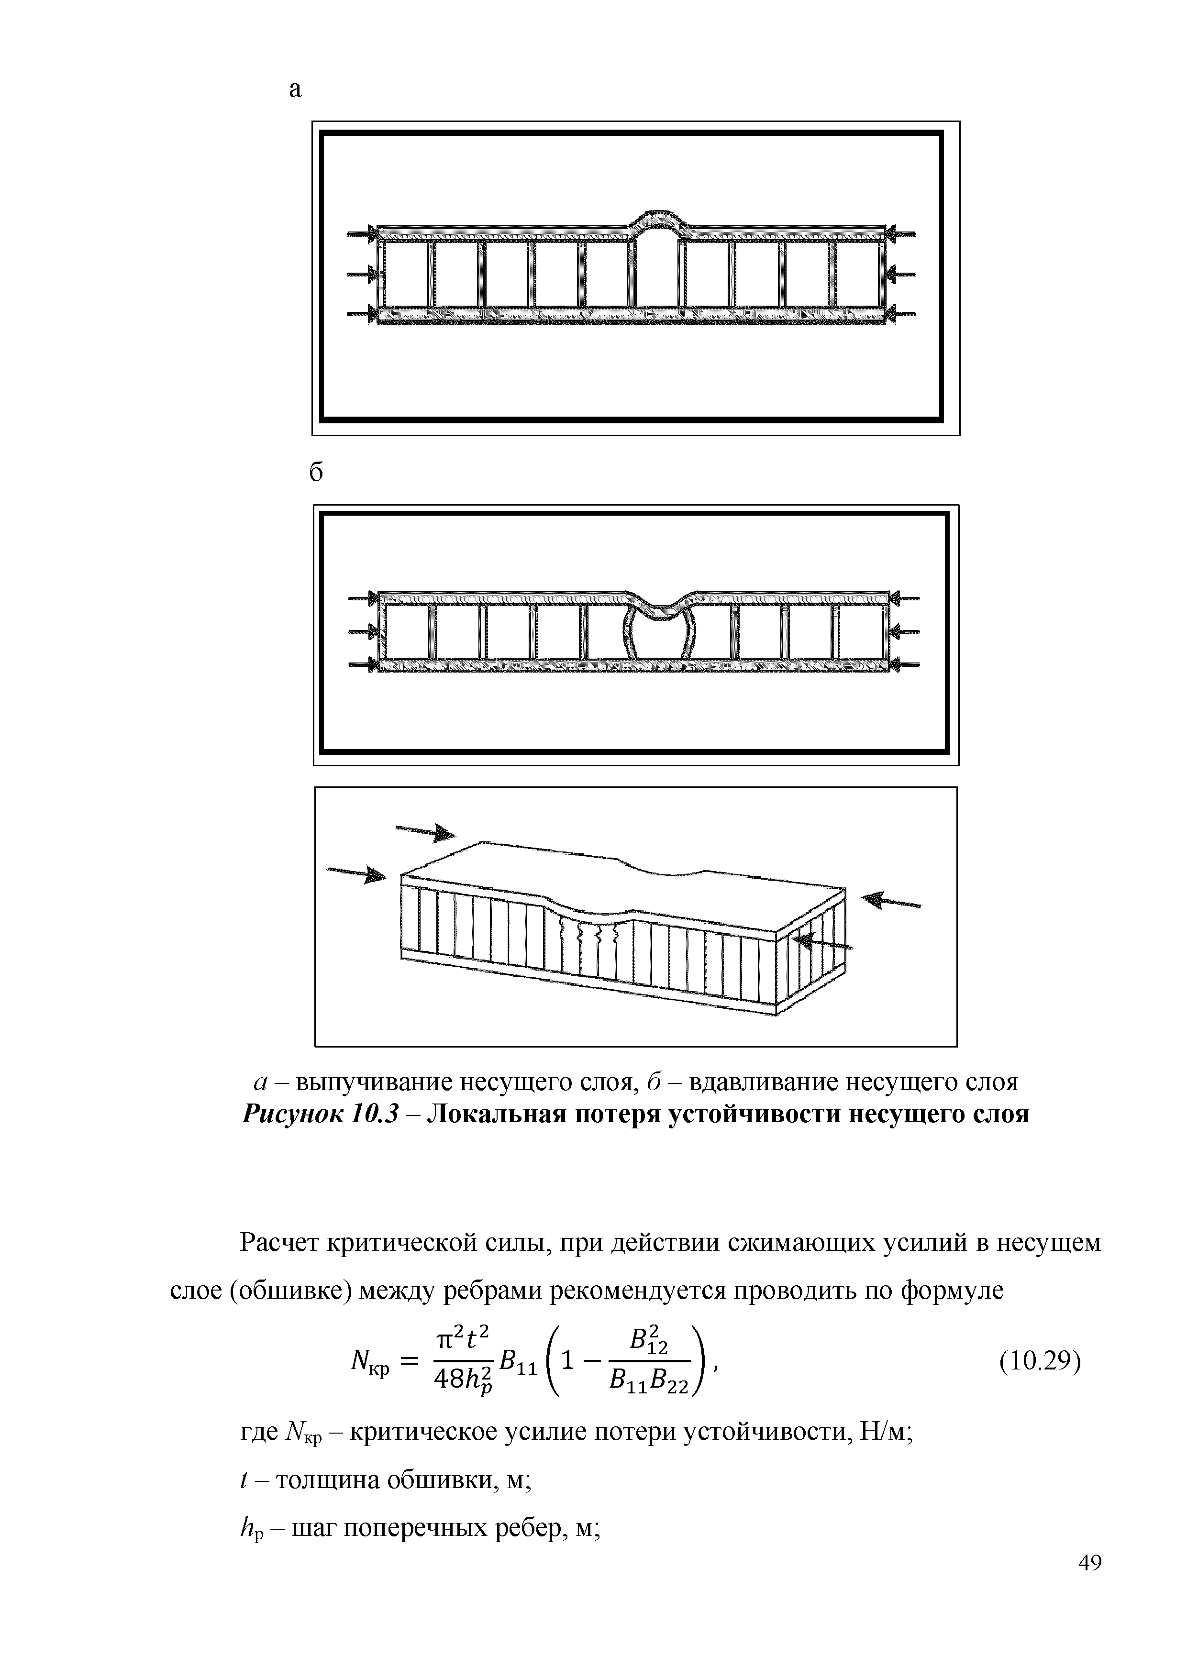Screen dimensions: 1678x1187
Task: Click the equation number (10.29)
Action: click(1039, 1361)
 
